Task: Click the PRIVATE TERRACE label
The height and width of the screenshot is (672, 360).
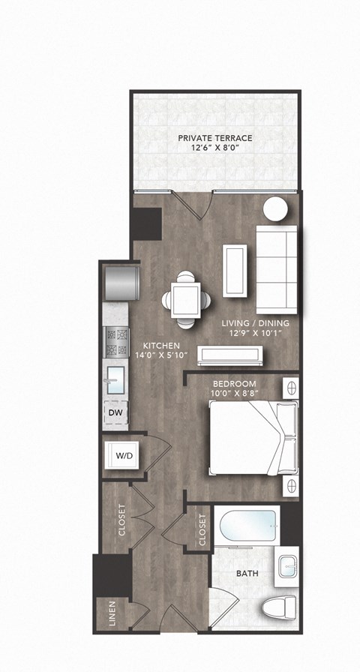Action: [x=214, y=138]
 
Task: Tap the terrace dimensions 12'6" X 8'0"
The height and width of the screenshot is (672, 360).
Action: [x=214, y=148]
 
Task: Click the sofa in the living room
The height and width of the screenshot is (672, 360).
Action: [x=278, y=269]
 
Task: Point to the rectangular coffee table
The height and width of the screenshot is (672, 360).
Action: [x=235, y=269]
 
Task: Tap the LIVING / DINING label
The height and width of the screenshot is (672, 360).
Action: [x=255, y=323]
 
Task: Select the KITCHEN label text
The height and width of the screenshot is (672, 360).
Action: [x=160, y=346]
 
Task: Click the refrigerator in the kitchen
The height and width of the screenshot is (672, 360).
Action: [x=121, y=281]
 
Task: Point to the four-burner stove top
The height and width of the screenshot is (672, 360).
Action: [x=117, y=342]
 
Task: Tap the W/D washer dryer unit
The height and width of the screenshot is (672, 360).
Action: [x=122, y=454]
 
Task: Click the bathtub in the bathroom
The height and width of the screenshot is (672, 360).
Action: [x=248, y=529]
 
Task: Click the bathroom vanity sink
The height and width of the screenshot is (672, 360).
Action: [x=287, y=566]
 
